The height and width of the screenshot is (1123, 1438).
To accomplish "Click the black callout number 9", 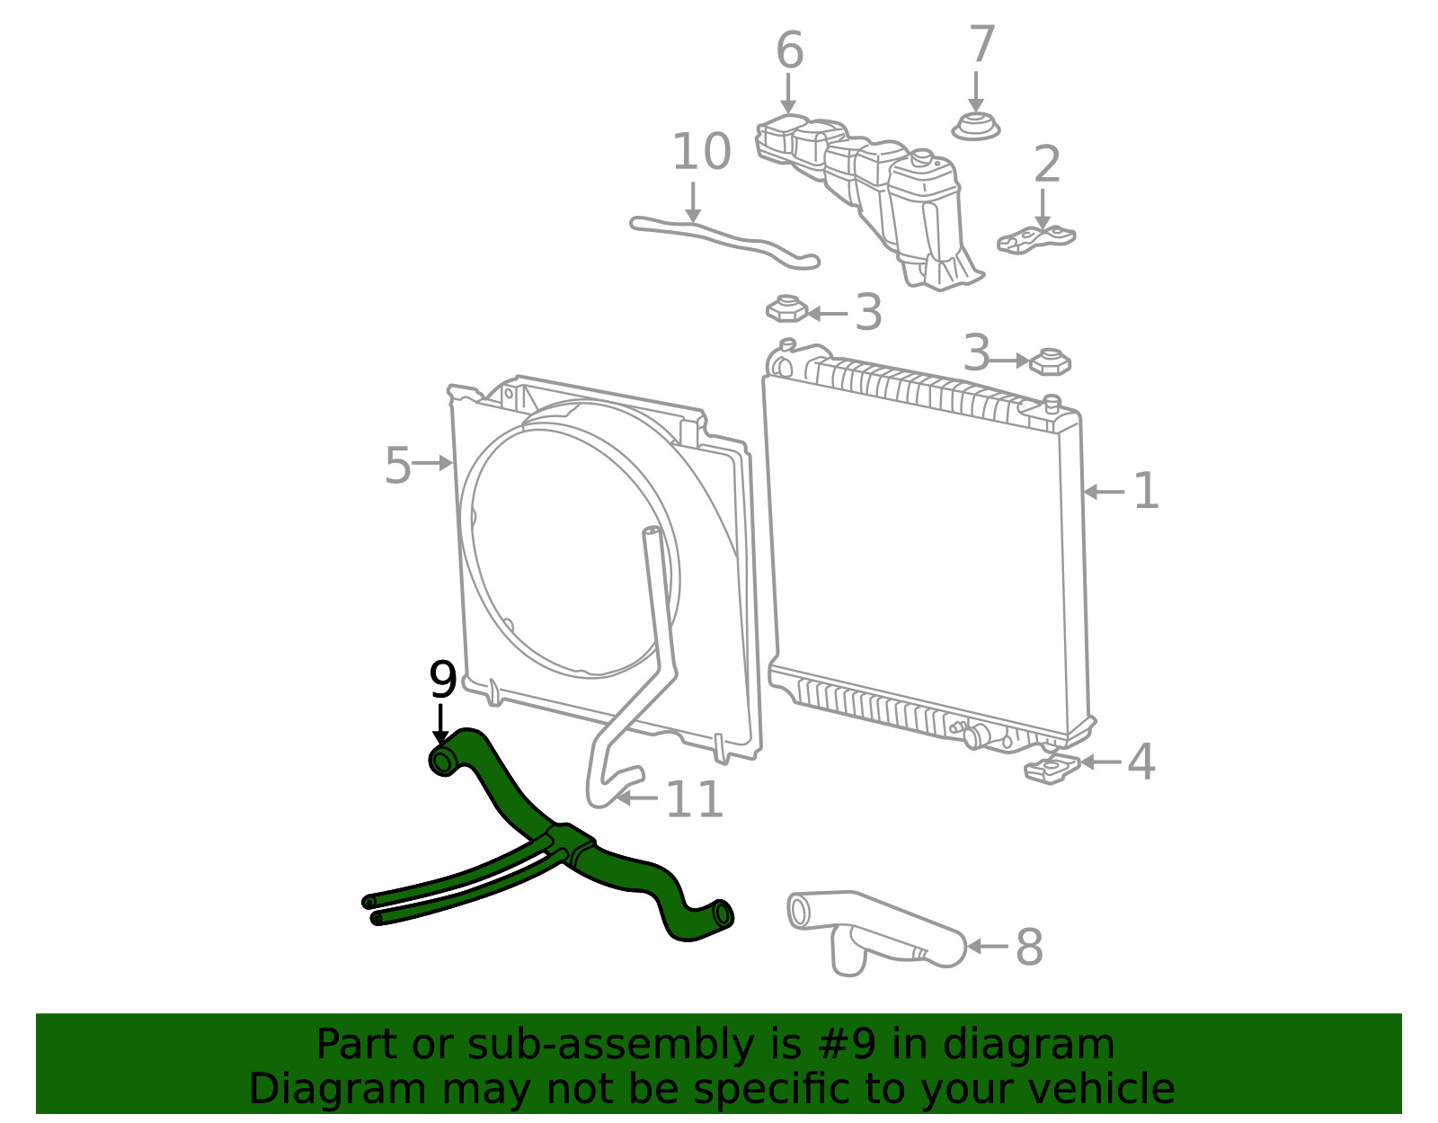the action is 443,680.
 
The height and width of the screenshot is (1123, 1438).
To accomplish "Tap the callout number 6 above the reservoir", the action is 789,49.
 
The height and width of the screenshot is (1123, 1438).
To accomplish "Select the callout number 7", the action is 982,44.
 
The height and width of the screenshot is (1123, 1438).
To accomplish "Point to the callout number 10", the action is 701,151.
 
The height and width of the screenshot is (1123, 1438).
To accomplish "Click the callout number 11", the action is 694,799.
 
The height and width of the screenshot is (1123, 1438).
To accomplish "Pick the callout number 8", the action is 1029,947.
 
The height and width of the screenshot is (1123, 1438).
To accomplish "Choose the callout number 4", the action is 1141,762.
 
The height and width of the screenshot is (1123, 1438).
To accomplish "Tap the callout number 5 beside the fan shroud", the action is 398,465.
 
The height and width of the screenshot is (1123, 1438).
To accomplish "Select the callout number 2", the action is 1047,164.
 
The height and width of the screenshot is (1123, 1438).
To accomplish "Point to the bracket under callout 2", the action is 1036,239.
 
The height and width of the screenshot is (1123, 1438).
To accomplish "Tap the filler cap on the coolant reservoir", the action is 921,159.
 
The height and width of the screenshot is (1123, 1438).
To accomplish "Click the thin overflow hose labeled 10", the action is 724,242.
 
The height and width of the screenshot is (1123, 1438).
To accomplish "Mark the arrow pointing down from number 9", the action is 440,725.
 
